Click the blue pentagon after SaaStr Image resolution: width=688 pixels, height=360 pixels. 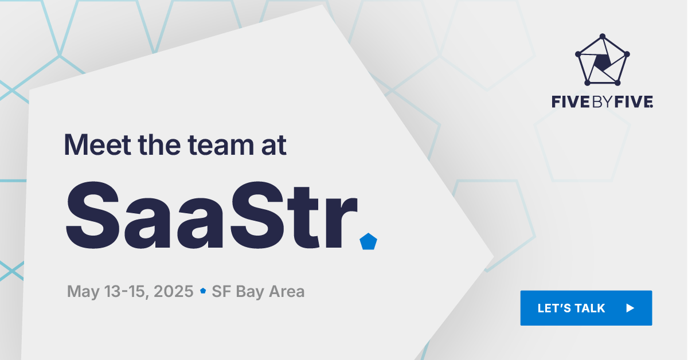point(368,242)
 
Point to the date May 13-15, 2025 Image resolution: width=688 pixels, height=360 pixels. point(130,291)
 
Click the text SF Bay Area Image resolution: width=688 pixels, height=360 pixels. point(258,291)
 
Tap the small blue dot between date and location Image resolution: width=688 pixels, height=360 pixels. point(202,291)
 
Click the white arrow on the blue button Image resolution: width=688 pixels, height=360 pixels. point(630,308)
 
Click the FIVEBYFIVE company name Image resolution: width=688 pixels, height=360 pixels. point(602,103)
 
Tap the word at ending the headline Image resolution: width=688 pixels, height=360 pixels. point(270,144)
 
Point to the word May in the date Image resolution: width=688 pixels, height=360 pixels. point(80,291)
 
